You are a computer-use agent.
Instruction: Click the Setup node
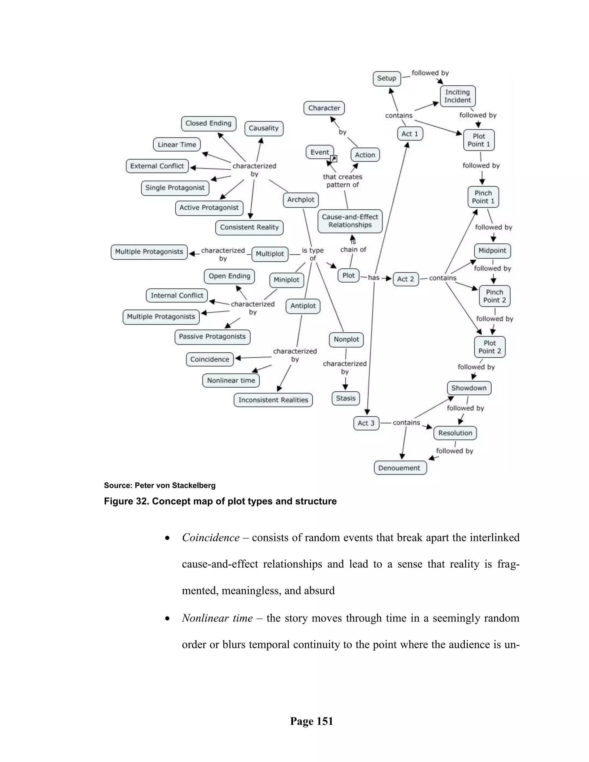[387, 79]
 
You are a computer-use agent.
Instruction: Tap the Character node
[324, 108]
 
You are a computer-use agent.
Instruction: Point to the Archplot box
[301, 200]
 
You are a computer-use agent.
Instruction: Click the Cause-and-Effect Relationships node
[350, 221]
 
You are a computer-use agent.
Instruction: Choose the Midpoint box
[492, 251]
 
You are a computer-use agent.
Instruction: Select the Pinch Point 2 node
[494, 296]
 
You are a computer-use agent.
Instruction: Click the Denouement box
[399, 468]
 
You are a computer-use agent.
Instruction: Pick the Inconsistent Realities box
[273, 400]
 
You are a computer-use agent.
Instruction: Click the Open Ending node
[229, 276]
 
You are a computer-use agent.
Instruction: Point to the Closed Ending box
[208, 124]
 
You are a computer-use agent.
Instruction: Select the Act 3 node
[366, 423]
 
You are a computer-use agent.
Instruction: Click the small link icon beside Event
[334, 159]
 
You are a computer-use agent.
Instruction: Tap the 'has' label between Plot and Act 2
[373, 278]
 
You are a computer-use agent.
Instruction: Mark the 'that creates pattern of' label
[342, 181]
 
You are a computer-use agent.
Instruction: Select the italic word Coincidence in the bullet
[211, 538]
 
